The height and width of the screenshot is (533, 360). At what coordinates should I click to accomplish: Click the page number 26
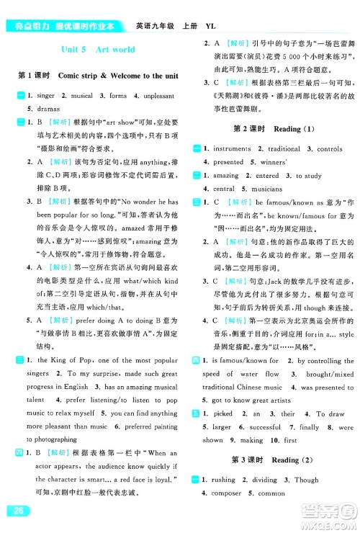point(16,511)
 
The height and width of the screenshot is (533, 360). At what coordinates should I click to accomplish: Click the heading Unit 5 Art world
point(94,50)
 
